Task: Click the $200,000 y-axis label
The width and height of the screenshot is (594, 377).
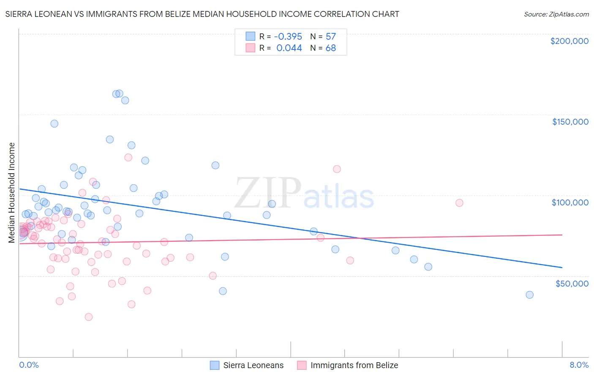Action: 569,41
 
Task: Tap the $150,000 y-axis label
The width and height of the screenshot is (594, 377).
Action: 570,122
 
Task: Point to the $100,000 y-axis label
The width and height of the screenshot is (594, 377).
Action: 570,202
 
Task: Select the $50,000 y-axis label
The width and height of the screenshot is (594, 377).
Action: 572,283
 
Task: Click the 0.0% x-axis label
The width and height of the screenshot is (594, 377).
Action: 29,365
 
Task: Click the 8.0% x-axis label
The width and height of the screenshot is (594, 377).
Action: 579,365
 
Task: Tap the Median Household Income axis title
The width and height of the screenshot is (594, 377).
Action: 11,193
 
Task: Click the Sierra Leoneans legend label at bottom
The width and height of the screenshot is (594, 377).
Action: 253,365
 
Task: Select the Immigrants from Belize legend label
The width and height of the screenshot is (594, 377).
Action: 354,365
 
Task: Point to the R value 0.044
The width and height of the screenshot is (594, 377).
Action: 289,48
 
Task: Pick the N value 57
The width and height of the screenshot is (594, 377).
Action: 330,36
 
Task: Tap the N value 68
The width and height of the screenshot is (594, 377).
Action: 330,48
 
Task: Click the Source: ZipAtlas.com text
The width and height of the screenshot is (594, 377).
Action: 556,14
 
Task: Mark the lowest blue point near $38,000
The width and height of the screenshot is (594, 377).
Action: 529,295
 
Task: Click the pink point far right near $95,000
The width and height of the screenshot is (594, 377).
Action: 459,203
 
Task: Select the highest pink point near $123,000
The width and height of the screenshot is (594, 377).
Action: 128,157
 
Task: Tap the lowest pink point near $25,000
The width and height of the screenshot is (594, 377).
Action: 89,317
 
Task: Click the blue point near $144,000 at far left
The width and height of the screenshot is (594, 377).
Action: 54,123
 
